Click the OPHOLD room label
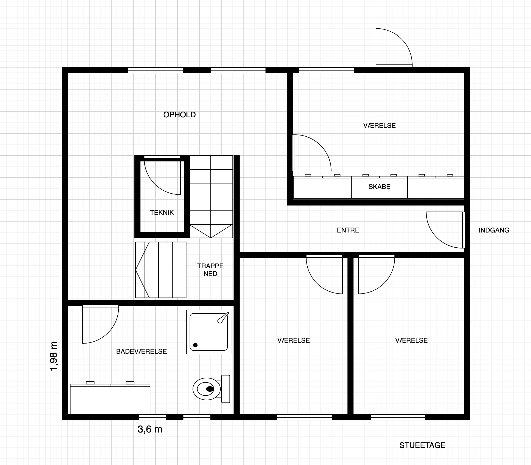click(179, 115)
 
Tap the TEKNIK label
click(162, 212)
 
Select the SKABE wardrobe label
click(379, 187)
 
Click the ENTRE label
click(348, 230)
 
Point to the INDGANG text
click(494, 230)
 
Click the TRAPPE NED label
click(210, 270)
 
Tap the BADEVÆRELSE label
click(141, 352)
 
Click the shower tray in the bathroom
click(208, 332)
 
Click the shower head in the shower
click(223, 317)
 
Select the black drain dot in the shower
click(196, 345)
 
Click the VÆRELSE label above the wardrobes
click(379, 126)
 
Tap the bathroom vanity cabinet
click(110, 400)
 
